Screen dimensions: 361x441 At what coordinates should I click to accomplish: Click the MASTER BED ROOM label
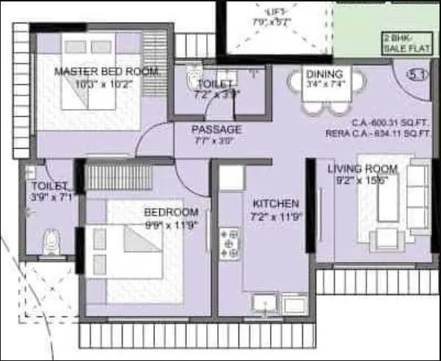pos(107,71)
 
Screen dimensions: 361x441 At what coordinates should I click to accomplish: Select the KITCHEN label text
pos(275,203)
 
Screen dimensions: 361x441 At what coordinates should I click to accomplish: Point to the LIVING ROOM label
pos(362,169)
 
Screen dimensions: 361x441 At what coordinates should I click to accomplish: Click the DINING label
pos(324,74)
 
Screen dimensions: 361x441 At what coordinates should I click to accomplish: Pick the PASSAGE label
pos(216,129)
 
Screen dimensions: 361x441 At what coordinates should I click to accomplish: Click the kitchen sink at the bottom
pos(262,304)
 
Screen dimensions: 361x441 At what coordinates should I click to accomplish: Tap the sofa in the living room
pos(418,198)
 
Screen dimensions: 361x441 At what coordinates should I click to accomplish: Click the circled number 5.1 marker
pos(418,74)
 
